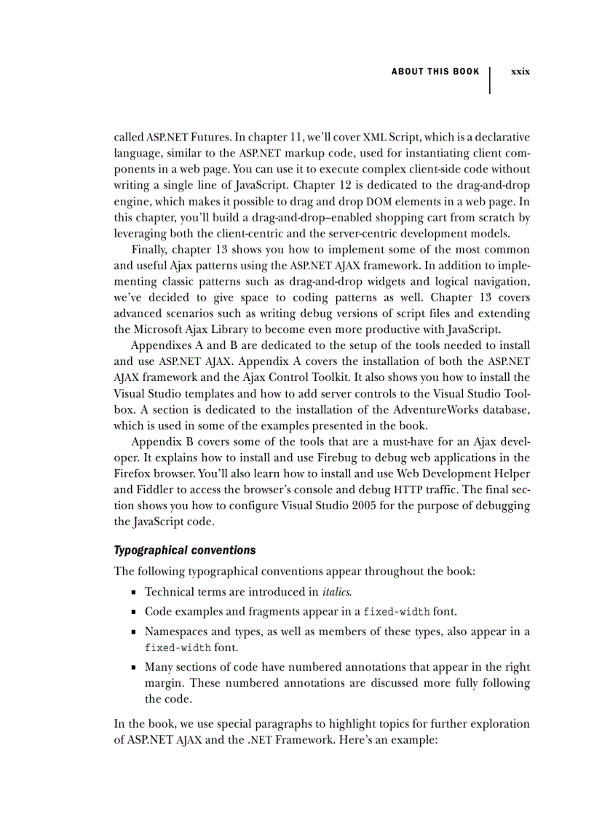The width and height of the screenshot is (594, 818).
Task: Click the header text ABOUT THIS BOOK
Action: point(435,71)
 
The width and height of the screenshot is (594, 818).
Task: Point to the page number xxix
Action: point(520,71)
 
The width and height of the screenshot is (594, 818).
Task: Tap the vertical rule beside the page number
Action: point(490,80)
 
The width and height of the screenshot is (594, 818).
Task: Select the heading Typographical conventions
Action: point(185,550)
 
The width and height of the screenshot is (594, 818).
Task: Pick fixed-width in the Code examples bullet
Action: point(397,610)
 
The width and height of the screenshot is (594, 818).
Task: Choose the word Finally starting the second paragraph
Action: point(149,249)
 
